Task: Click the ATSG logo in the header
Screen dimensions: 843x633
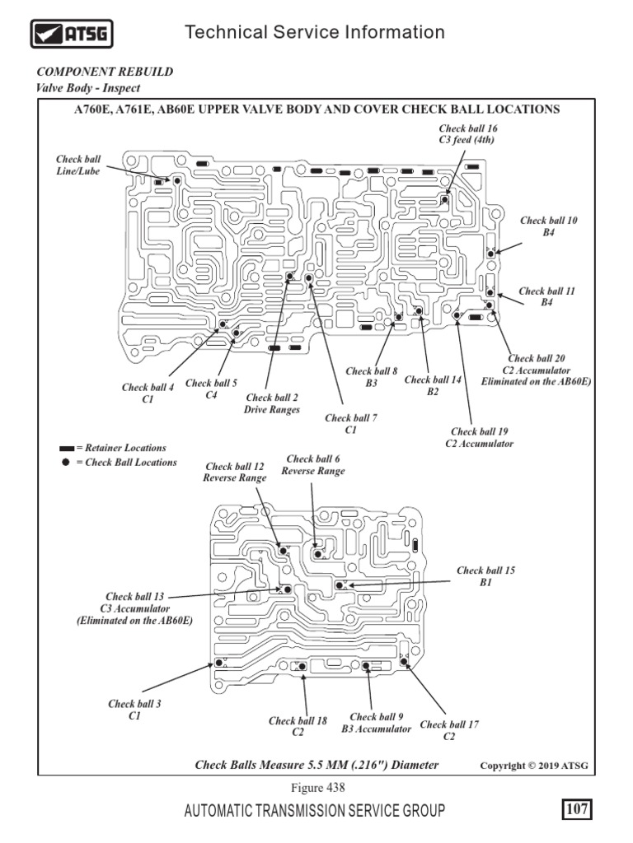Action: (x=72, y=34)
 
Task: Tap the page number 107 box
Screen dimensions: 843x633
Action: (x=577, y=810)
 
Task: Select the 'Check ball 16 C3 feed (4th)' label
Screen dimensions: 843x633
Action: (x=468, y=134)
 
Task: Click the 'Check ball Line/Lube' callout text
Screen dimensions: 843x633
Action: (x=78, y=165)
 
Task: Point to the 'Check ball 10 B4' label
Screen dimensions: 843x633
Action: (x=549, y=226)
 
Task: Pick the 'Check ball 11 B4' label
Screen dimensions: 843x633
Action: (x=547, y=297)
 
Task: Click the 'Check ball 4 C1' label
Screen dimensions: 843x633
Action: (x=148, y=393)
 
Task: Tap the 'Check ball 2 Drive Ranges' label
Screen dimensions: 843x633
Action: (x=272, y=403)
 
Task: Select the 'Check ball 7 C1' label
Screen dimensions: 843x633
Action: (x=351, y=424)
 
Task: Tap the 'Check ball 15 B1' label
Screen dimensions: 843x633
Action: (x=485, y=576)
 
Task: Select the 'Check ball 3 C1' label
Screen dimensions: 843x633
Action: (x=134, y=710)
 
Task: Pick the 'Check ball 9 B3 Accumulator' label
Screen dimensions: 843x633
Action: (x=377, y=723)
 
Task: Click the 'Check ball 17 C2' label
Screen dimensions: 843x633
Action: (x=449, y=730)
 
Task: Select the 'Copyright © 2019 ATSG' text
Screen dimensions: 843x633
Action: (x=535, y=766)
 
